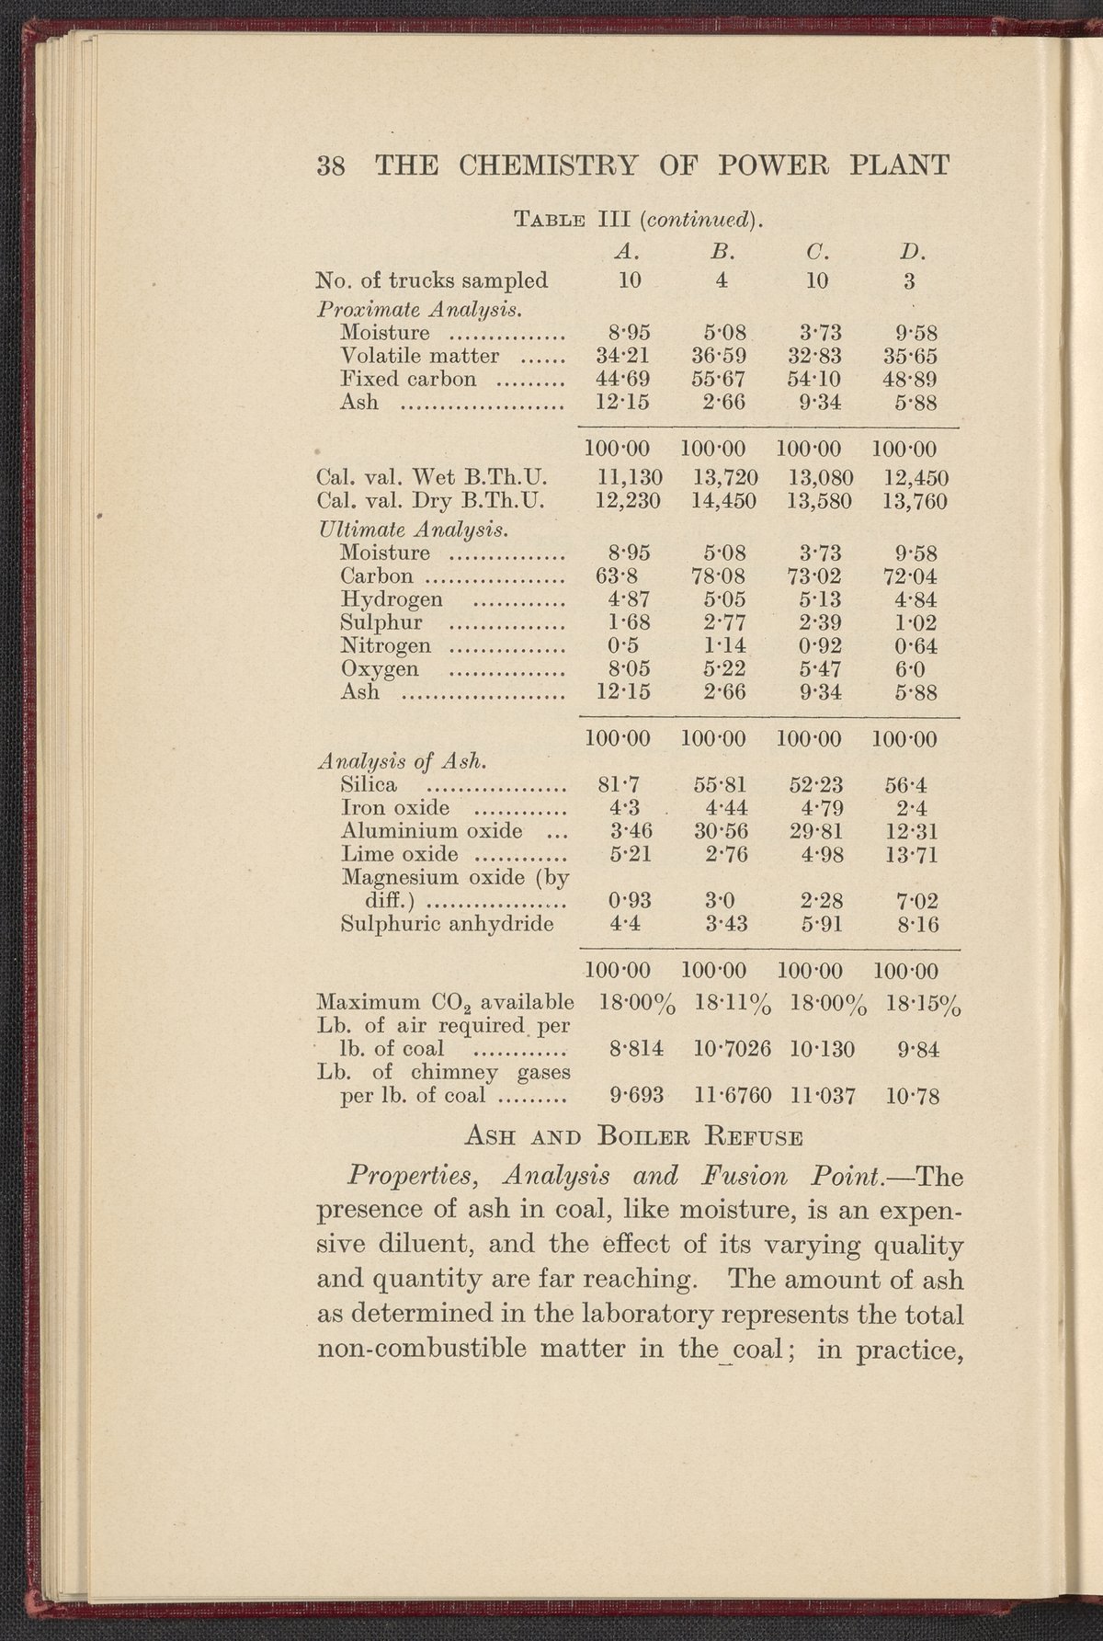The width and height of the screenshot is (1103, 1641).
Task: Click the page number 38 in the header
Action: point(330,166)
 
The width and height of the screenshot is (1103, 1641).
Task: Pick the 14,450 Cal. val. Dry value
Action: point(722,501)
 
